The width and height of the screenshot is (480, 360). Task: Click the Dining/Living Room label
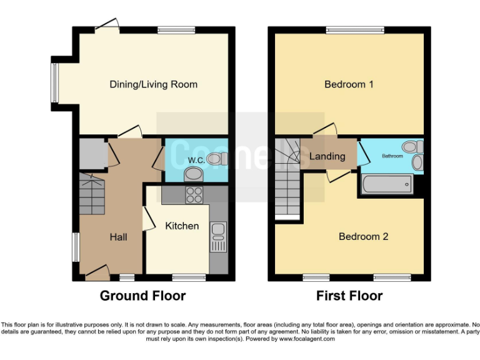pyautogui.click(x=153, y=84)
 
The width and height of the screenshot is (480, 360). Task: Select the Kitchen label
pyautogui.click(x=181, y=226)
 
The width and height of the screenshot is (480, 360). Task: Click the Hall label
pyautogui.click(x=118, y=237)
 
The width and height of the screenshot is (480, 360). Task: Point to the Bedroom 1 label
pyautogui.click(x=349, y=84)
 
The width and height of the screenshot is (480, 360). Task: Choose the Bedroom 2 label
pyautogui.click(x=363, y=236)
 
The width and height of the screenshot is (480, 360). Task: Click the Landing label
pyautogui.click(x=327, y=156)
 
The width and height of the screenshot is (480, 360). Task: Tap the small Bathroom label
pyautogui.click(x=392, y=156)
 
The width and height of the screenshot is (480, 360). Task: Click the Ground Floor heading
pyautogui.click(x=142, y=296)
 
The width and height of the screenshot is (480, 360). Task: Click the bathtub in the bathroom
pyautogui.click(x=387, y=184)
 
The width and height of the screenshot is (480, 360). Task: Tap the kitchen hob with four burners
pyautogui.click(x=194, y=195)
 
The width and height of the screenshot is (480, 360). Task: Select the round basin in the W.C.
pyautogui.click(x=194, y=174)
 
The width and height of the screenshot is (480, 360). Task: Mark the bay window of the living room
pyautogui.click(x=55, y=82)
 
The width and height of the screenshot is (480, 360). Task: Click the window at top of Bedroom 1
pyautogui.click(x=354, y=29)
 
